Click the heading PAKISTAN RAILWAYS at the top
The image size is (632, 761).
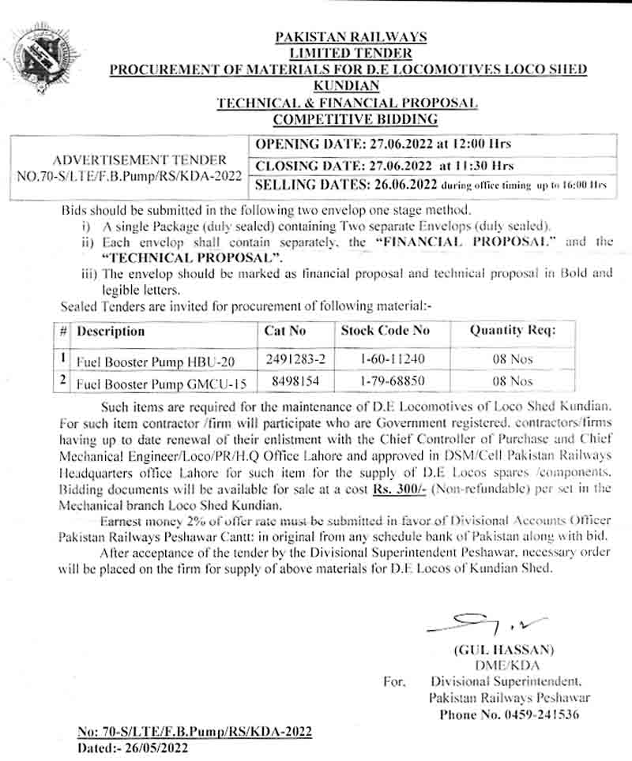[351, 36]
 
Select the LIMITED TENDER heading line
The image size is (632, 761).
[351, 53]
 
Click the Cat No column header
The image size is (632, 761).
[284, 332]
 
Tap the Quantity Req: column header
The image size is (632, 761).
[513, 332]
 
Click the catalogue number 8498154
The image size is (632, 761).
[285, 381]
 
